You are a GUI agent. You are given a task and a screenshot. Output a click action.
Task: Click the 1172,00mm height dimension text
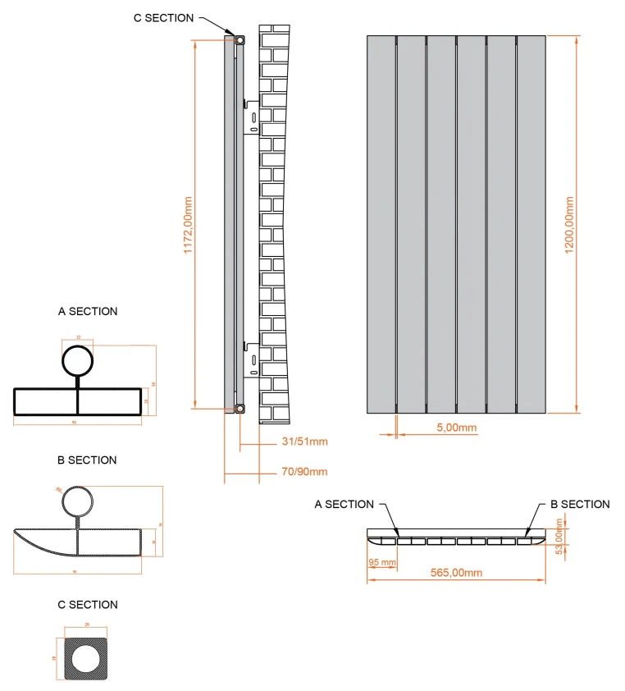pyautogui.click(x=188, y=224)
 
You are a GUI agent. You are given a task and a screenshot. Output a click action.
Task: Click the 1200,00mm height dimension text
pyautogui.click(x=569, y=224)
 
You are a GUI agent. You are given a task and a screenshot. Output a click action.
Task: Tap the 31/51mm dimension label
pyautogui.click(x=304, y=442)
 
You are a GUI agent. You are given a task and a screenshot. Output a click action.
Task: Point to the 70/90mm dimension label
pyautogui.click(x=304, y=471)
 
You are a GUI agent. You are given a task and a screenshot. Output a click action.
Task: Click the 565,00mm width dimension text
pyautogui.click(x=455, y=572)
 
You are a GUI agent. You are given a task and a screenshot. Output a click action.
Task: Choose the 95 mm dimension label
pyautogui.click(x=382, y=563)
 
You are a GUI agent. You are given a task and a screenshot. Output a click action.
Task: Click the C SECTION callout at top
pyautogui.click(x=164, y=18)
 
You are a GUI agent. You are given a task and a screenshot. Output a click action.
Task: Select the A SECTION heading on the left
pyautogui.click(x=88, y=311)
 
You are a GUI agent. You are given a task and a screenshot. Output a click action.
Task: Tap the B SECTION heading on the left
pyautogui.click(x=87, y=460)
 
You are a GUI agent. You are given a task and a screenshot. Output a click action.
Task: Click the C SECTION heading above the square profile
pyautogui.click(x=88, y=605)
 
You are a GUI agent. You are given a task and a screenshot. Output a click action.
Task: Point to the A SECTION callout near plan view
pyautogui.click(x=344, y=505)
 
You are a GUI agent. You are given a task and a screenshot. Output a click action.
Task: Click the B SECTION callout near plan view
pyautogui.click(x=580, y=505)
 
